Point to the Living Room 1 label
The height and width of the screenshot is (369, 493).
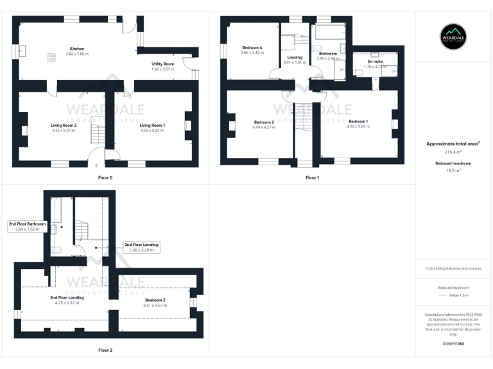pos(153,125)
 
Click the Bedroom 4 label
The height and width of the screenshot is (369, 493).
pos(252,48)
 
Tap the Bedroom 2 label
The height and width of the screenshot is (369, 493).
pos(264,122)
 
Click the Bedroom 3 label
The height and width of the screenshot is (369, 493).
pos(155,300)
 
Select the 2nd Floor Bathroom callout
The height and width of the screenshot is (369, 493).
pos(27,224)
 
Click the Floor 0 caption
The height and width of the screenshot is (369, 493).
pos(105,177)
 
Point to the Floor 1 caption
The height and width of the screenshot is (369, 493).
pos(312,177)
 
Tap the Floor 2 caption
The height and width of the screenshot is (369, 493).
pos(105,350)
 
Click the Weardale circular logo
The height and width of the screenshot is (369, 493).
pos(453,36)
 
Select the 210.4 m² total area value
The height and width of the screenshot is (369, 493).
pos(453,152)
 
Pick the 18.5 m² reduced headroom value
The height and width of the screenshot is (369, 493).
pos(453,171)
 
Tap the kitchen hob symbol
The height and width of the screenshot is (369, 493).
pos(51,57)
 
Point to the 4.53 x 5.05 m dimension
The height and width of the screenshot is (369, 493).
pos(358,127)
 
